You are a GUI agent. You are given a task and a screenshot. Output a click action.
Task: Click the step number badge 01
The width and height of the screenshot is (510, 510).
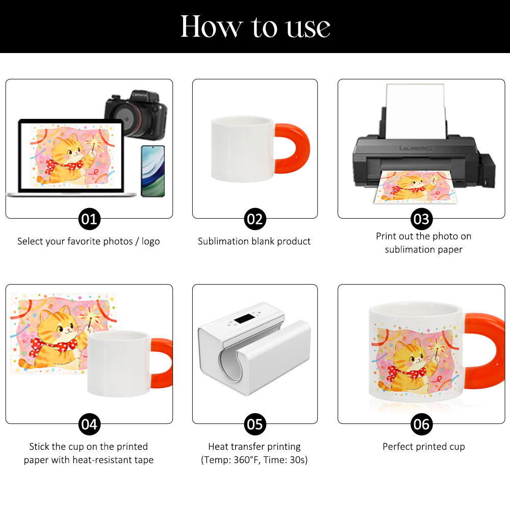point(89,219)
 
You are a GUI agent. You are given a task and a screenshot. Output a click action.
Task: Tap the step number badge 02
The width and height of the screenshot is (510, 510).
point(255,219)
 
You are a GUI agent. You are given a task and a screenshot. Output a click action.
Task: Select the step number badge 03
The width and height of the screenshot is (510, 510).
point(422,219)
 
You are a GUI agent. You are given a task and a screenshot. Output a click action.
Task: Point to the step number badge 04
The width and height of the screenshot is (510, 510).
point(89,424)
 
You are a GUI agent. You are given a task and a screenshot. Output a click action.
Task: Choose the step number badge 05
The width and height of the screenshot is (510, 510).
point(255,424)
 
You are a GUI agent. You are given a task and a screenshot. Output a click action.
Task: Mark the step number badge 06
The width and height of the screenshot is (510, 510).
point(422,424)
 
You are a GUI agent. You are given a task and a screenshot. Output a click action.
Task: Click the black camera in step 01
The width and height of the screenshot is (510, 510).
point(136,114)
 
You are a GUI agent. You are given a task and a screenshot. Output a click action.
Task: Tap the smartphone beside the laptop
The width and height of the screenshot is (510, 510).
point(153,171)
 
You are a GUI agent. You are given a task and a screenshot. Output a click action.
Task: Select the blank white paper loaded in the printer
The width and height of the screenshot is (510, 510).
point(416,112)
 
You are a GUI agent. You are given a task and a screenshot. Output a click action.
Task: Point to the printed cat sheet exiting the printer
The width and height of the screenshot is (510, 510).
point(415,187)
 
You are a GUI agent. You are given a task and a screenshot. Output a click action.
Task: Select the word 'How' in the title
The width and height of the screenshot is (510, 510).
point(212,27)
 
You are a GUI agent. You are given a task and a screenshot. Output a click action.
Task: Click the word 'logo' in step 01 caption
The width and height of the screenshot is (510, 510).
point(150,242)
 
